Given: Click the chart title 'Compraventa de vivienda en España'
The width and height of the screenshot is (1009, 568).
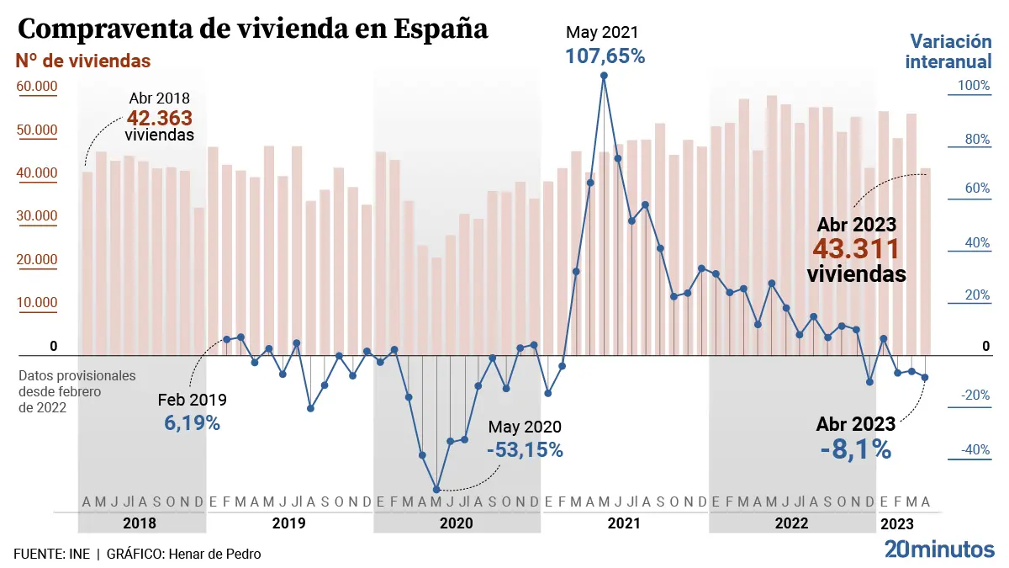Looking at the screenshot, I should [x=252, y=29].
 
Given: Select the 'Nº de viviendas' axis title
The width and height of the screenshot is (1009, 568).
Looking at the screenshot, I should [x=83, y=61].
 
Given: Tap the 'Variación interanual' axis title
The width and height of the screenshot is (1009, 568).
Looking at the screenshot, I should [x=951, y=51].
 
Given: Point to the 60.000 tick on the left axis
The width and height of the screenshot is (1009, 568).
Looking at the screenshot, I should [x=35, y=87].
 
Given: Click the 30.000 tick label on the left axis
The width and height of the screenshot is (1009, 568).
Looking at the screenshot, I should [x=35, y=216].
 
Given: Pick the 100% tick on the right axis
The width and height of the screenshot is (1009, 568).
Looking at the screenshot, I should [x=974, y=86].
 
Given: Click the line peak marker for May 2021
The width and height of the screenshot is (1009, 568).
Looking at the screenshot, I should [x=604, y=76].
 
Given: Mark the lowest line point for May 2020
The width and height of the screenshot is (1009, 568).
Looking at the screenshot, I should [x=436, y=490].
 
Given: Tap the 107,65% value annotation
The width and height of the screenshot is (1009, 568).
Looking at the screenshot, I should [x=605, y=56].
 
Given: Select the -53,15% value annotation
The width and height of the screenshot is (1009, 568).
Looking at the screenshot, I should [x=525, y=449].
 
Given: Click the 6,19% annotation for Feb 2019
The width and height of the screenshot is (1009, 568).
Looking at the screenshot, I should [x=192, y=423].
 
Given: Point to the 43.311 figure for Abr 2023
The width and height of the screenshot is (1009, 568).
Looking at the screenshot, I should [x=856, y=249].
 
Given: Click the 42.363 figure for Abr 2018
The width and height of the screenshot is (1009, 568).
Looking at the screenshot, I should [x=160, y=117].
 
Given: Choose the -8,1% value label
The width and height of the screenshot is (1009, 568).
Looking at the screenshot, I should [x=855, y=449].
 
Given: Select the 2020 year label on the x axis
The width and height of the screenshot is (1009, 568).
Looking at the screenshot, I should [x=457, y=523].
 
